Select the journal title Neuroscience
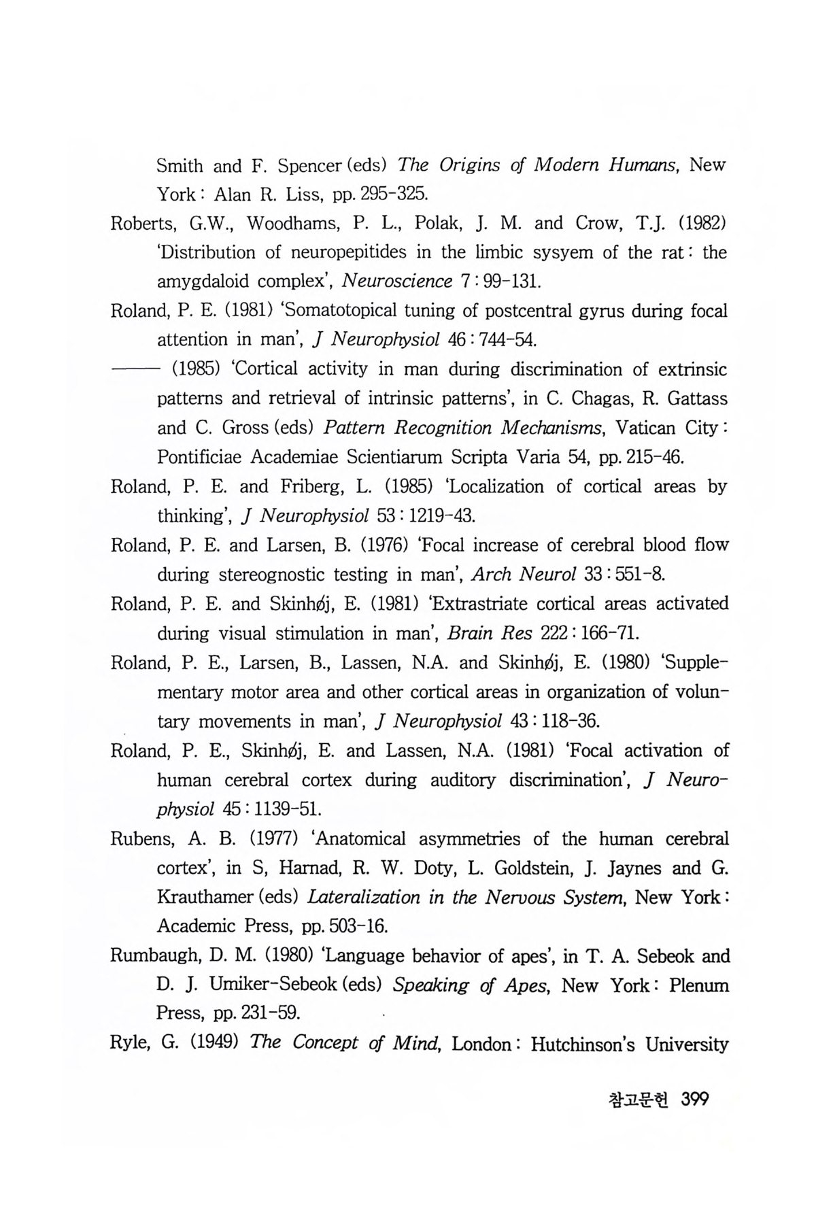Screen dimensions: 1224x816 pyautogui.click(x=397, y=282)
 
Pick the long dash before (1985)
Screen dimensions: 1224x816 pyautogui.click(x=134, y=369)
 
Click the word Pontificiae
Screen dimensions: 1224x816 pyautogui.click(x=199, y=457)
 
